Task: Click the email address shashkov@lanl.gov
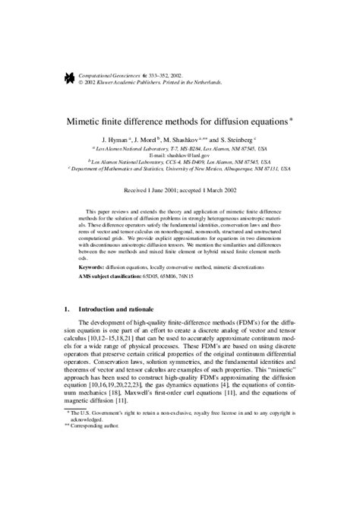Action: (x=196, y=155)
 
